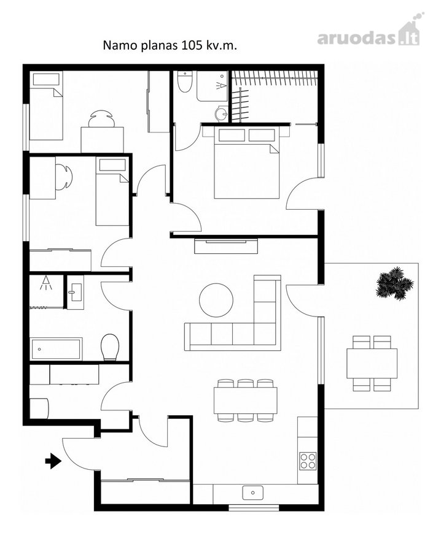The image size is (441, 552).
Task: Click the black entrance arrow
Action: coord(53,461)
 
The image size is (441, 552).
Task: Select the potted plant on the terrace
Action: coord(394,283)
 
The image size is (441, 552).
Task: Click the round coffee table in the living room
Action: coord(216,300)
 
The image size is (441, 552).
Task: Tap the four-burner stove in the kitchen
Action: coord(308,461)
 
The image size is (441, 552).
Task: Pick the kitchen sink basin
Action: coord(253,493)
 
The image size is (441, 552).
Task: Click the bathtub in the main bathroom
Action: coord(56,349)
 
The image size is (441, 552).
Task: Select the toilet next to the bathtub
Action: coord(109,347)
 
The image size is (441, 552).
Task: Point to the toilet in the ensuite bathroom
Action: coord(184,82)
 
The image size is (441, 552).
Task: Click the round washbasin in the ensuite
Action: coord(222,113)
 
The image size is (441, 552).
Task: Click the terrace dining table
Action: coord(372,364)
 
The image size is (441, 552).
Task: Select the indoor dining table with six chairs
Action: coord(245,401)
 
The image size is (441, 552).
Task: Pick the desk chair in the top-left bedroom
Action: coord(101,118)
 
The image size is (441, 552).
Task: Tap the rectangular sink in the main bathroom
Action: coord(76,292)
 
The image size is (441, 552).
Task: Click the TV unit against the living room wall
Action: coord(226,246)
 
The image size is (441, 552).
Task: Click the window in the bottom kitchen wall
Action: coord(254,508)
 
